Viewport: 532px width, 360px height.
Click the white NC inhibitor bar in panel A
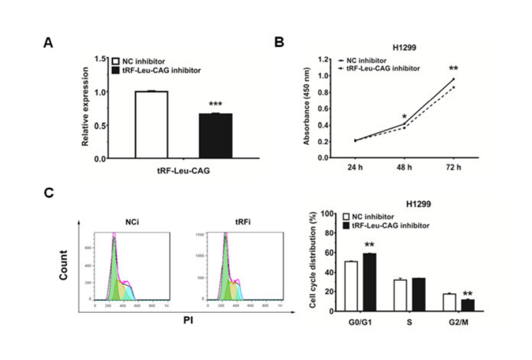151,124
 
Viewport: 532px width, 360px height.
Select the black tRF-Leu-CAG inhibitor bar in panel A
215,135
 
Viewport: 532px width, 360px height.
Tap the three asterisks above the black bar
215,104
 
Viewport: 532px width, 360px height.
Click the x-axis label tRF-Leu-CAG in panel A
184,170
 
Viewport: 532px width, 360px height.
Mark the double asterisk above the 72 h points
454,69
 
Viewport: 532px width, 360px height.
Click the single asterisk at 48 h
404,116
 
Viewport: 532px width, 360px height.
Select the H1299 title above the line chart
404,47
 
